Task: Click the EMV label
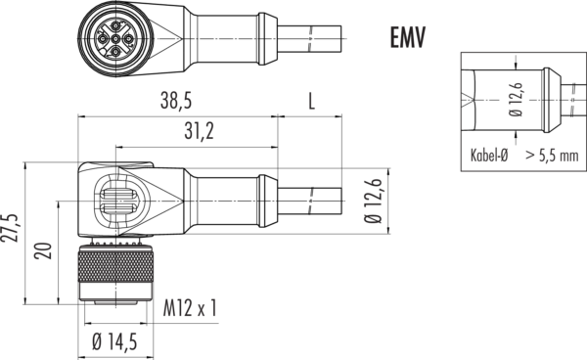coord(408,37)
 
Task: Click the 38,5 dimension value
coord(176,101)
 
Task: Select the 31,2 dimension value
coord(199,131)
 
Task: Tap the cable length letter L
coord(311,101)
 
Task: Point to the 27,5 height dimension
coord(10,228)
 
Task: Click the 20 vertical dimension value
coord(43,250)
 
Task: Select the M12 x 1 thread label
coord(190,308)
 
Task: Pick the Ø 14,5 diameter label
coord(114,341)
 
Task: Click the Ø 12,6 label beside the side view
coord(373,201)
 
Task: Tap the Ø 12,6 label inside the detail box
coord(516,100)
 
